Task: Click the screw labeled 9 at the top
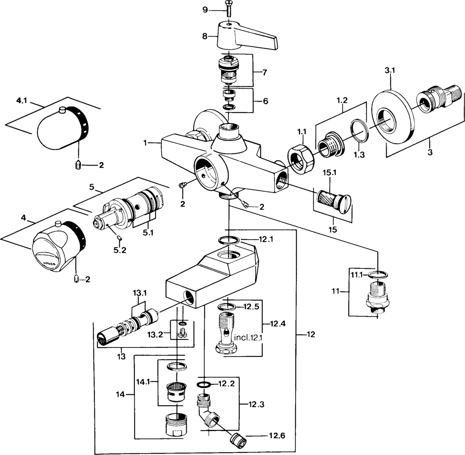pos(228,11)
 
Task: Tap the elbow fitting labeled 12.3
pos(207,407)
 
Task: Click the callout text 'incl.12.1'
pos(249,337)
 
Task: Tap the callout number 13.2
pos(155,335)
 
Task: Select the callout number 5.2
pos(120,250)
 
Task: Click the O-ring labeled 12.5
pos(227,306)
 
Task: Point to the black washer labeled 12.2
pos(204,384)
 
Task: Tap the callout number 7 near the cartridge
pos(265,72)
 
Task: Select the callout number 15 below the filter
pos(333,230)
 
